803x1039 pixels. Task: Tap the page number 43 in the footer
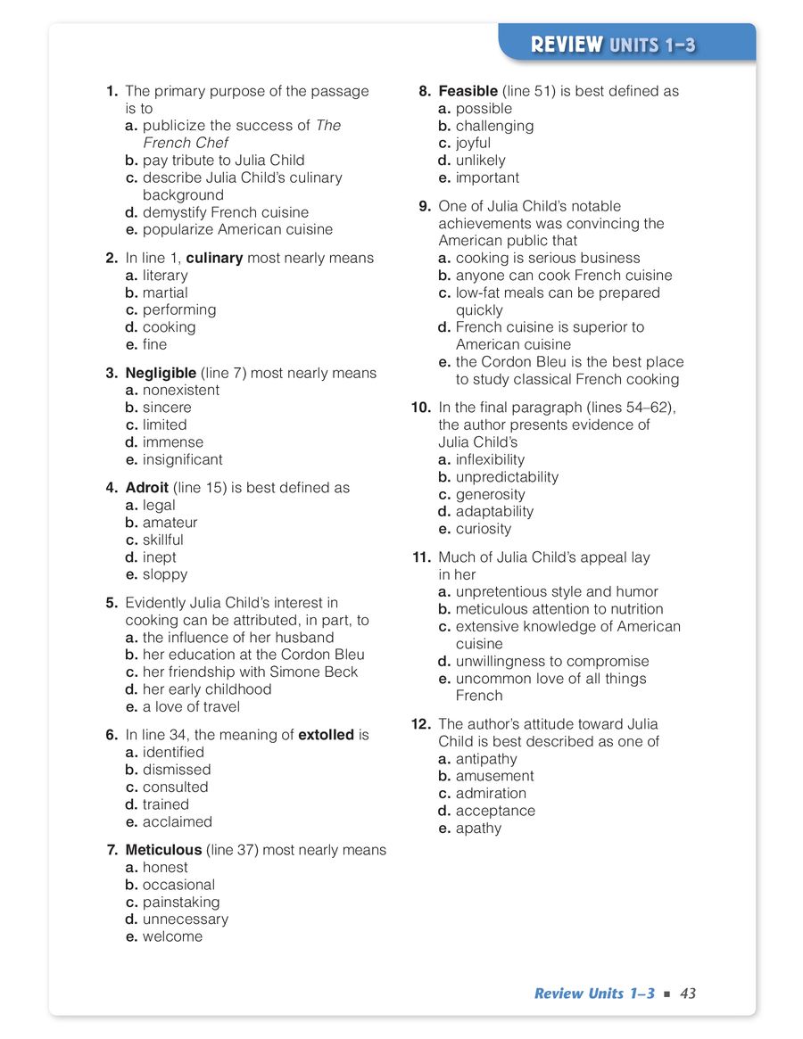[687, 994]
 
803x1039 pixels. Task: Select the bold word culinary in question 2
[214, 258]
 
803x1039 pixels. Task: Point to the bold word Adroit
[147, 488]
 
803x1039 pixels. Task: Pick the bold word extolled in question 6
[326, 735]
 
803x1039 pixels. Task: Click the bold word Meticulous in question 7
[163, 850]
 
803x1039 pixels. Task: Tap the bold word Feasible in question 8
[468, 91]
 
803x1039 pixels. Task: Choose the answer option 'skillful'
[162, 540]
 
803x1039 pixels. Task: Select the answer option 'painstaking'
[180, 902]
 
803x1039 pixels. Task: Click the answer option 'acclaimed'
[177, 821]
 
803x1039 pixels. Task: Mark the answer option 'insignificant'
[182, 459]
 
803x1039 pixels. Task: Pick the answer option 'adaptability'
[494, 511]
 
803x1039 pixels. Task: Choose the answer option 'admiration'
[491, 793]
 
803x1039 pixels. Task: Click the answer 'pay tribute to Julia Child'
[223, 161]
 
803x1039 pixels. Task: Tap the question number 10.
[421, 408]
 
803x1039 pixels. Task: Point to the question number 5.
[112, 603]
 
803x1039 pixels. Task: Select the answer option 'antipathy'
[486, 759]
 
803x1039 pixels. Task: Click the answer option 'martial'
[165, 293]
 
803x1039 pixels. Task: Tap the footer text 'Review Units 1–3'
[594, 994]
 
